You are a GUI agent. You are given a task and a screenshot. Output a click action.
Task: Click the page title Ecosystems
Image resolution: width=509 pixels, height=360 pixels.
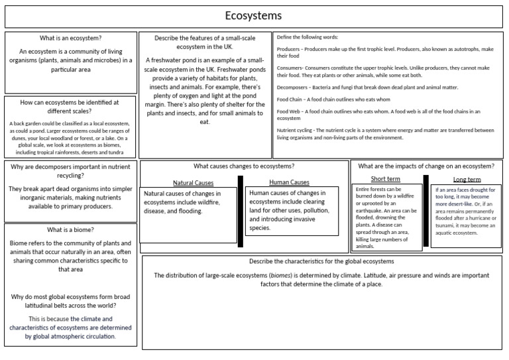point(254,16)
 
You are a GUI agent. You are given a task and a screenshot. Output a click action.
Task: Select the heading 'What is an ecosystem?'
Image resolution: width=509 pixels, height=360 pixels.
point(70,38)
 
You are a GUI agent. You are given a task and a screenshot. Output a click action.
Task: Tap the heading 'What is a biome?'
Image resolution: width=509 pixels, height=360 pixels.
point(70,230)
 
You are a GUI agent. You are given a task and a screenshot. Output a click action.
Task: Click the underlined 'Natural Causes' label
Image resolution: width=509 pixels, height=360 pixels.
point(193,182)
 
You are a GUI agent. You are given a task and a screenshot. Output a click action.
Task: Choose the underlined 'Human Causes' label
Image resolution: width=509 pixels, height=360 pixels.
point(289,182)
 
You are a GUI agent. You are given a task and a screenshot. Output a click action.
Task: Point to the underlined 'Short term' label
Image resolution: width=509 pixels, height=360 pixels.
point(385,179)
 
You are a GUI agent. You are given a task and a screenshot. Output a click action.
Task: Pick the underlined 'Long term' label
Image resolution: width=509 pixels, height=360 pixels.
point(467,179)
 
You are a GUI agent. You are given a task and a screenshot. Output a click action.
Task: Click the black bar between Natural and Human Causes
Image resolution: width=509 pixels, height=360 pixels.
point(241,211)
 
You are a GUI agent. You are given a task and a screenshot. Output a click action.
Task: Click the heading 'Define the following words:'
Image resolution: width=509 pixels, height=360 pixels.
point(310,37)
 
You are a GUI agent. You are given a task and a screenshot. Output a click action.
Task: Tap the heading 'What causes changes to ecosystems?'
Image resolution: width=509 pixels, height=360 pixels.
point(244,166)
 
